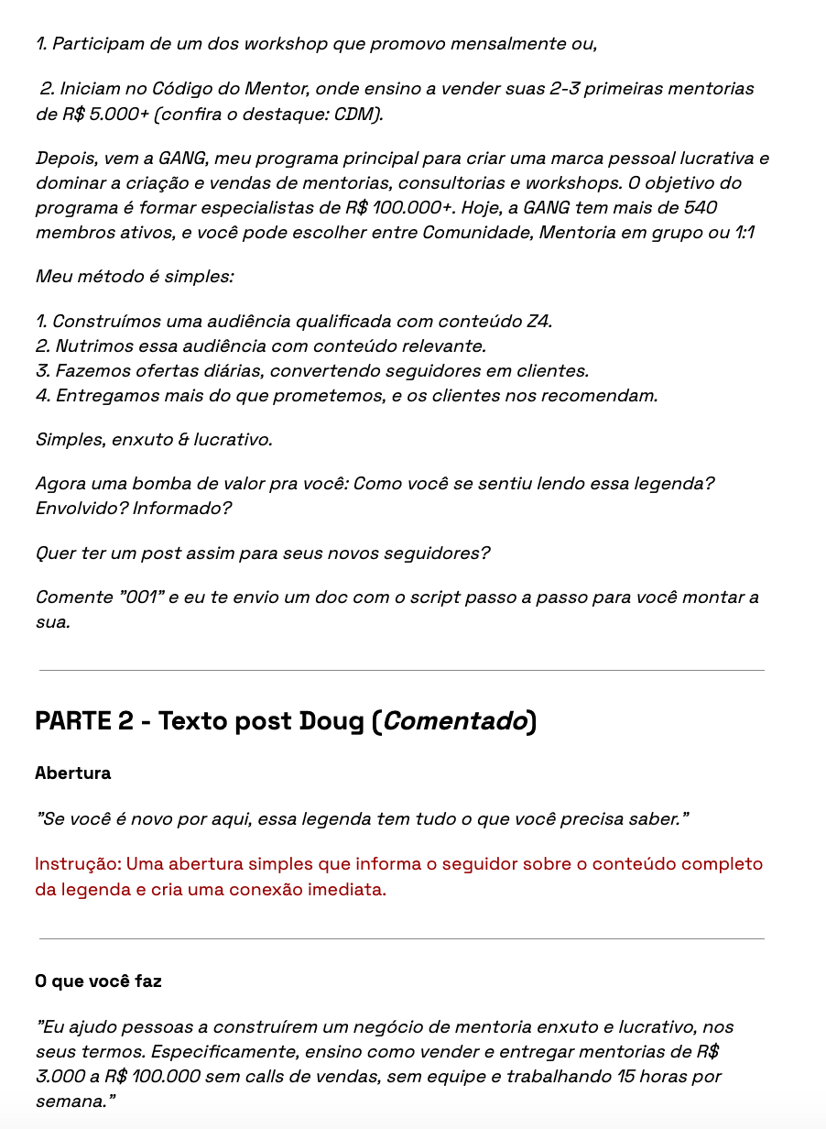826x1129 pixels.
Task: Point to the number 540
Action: tap(699, 207)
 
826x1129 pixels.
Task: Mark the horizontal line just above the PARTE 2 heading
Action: tap(401, 671)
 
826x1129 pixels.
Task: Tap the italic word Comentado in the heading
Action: tap(455, 722)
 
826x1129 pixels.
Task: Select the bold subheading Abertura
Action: tap(73, 773)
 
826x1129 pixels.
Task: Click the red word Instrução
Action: tap(76, 864)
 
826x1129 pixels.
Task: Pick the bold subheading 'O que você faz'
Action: tap(98, 981)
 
